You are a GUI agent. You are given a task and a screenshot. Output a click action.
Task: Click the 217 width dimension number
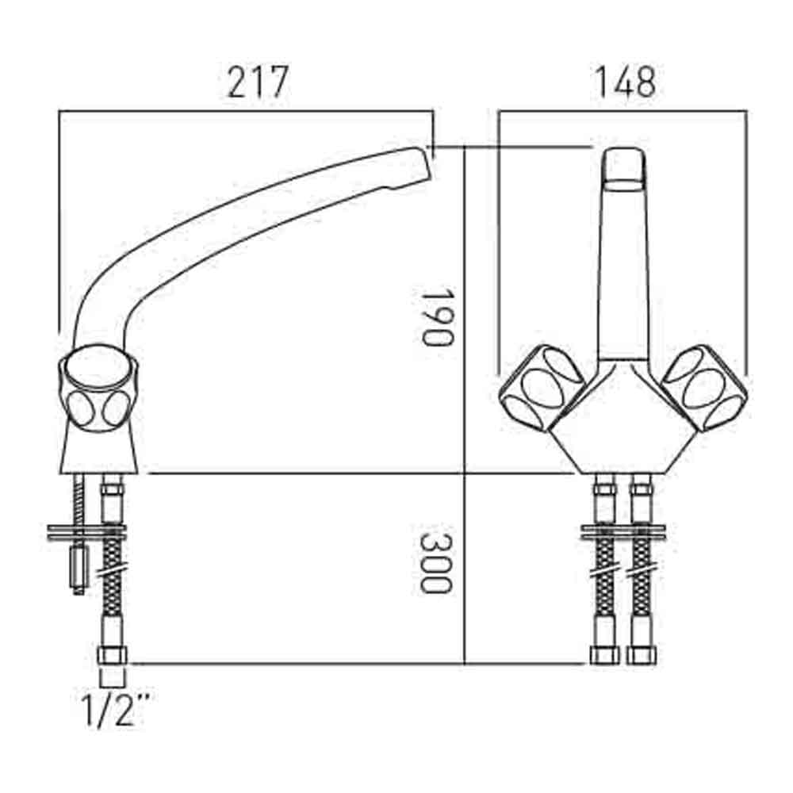[x=258, y=82]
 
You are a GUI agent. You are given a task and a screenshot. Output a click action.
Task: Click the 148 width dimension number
[x=626, y=82]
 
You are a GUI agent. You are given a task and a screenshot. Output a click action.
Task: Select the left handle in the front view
[x=542, y=389]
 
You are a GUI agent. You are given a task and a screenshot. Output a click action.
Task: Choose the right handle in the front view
[x=706, y=389]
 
